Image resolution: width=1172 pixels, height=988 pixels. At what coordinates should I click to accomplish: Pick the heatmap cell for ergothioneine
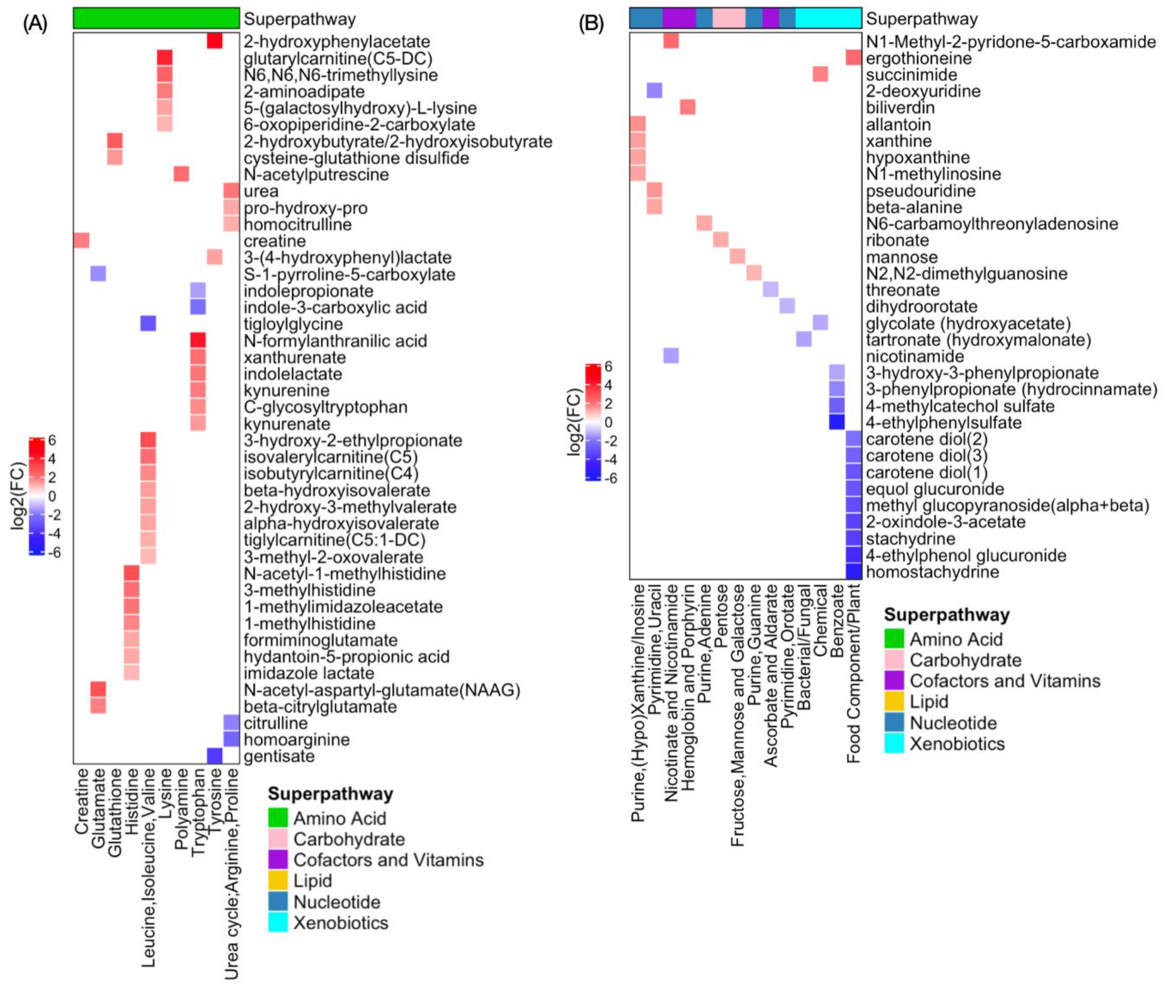tap(853, 58)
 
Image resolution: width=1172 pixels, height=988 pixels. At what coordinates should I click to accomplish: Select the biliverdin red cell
tap(687, 107)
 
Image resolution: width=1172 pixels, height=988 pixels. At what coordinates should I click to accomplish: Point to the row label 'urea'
tap(261, 191)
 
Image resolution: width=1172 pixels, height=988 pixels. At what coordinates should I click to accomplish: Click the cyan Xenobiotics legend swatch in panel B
tap(894, 744)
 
